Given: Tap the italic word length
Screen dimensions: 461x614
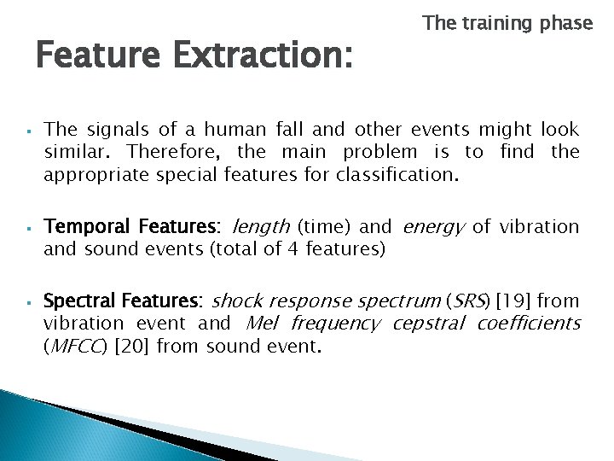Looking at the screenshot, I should point(260,227).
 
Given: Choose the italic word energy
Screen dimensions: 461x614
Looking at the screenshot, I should point(433,227).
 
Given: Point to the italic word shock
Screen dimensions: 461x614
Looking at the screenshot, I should point(235,301).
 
